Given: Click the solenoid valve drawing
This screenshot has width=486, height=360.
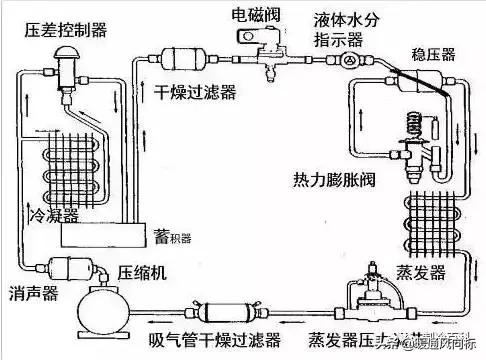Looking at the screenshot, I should point(262,47).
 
